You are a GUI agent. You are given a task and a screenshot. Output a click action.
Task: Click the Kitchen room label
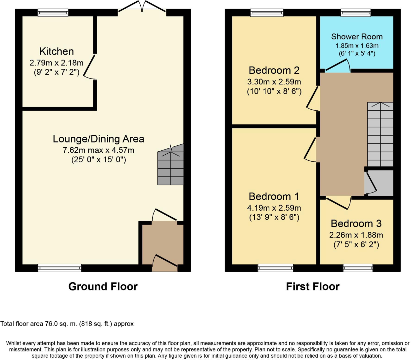pos(56,51)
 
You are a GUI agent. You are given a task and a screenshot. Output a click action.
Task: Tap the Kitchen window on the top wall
pos(53,13)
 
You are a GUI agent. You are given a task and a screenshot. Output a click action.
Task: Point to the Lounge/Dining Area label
pos(98,139)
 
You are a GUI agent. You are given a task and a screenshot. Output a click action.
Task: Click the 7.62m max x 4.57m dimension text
pos(98,150)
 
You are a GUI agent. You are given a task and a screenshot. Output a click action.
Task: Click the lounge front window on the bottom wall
pos(60,268)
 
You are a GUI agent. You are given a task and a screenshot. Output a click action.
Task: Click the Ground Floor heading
pos(103,286)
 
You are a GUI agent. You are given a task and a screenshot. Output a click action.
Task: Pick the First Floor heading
pos(312,286)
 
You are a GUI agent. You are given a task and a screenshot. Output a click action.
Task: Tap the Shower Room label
pos(357,37)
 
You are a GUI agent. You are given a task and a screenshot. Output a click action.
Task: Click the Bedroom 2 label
pos(274,70)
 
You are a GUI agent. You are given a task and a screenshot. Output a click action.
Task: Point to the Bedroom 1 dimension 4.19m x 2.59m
pos(274,208)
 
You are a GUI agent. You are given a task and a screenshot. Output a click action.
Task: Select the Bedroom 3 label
pos(356,224)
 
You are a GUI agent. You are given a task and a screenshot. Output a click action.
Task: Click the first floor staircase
pos(380,134)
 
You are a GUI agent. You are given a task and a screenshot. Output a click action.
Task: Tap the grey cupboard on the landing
pos(379,183)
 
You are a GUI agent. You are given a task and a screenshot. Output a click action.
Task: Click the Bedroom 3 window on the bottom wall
pos(358,268)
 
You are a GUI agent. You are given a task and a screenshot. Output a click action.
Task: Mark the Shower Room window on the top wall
pos(356,13)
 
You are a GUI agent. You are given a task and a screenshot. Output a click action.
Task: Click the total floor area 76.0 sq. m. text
pos(67,324)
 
